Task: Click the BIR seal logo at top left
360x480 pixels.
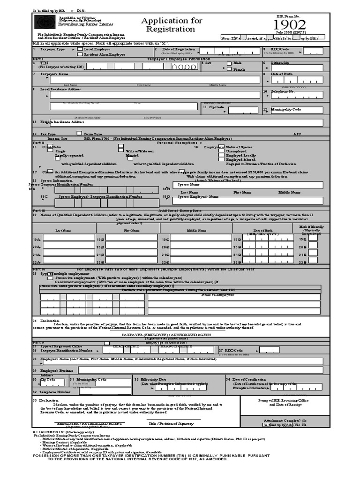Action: click(x=44, y=22)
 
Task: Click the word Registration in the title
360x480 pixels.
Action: click(x=172, y=29)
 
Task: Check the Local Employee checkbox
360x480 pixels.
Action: click(x=80, y=49)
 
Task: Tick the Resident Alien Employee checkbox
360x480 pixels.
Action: click(x=80, y=54)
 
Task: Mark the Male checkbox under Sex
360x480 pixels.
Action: click(x=229, y=63)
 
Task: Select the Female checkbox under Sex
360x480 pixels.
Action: click(x=229, y=69)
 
